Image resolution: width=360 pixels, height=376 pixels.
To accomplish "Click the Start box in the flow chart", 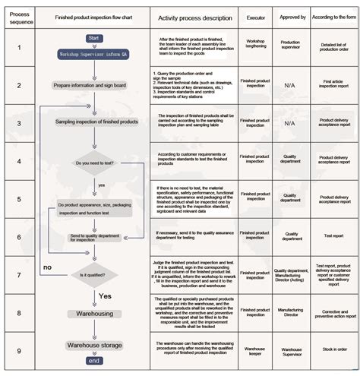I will click(x=94, y=37).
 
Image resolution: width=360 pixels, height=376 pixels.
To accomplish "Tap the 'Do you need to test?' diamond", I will click(x=94, y=163).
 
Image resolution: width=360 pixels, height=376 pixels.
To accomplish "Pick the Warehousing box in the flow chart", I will click(x=93, y=313).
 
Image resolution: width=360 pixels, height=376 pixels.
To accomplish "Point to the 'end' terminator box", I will click(x=93, y=361).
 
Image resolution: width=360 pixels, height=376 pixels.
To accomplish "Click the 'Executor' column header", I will click(x=257, y=17).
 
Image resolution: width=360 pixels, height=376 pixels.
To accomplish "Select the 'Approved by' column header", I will click(x=292, y=17).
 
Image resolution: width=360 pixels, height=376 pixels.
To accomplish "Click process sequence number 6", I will click(x=18, y=236).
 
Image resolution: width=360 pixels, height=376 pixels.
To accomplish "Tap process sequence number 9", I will click(x=18, y=351).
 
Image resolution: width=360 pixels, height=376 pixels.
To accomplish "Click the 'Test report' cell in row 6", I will click(x=333, y=235).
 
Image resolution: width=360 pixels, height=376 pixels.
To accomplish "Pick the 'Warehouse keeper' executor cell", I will click(x=257, y=352).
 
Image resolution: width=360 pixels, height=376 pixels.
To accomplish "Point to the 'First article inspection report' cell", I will click(x=333, y=84).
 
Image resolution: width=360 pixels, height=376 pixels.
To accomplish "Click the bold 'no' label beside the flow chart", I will click(x=47, y=267).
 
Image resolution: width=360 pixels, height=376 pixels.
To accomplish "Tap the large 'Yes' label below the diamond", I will click(x=106, y=295).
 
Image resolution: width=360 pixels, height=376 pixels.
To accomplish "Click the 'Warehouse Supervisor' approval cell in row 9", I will click(x=292, y=352).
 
